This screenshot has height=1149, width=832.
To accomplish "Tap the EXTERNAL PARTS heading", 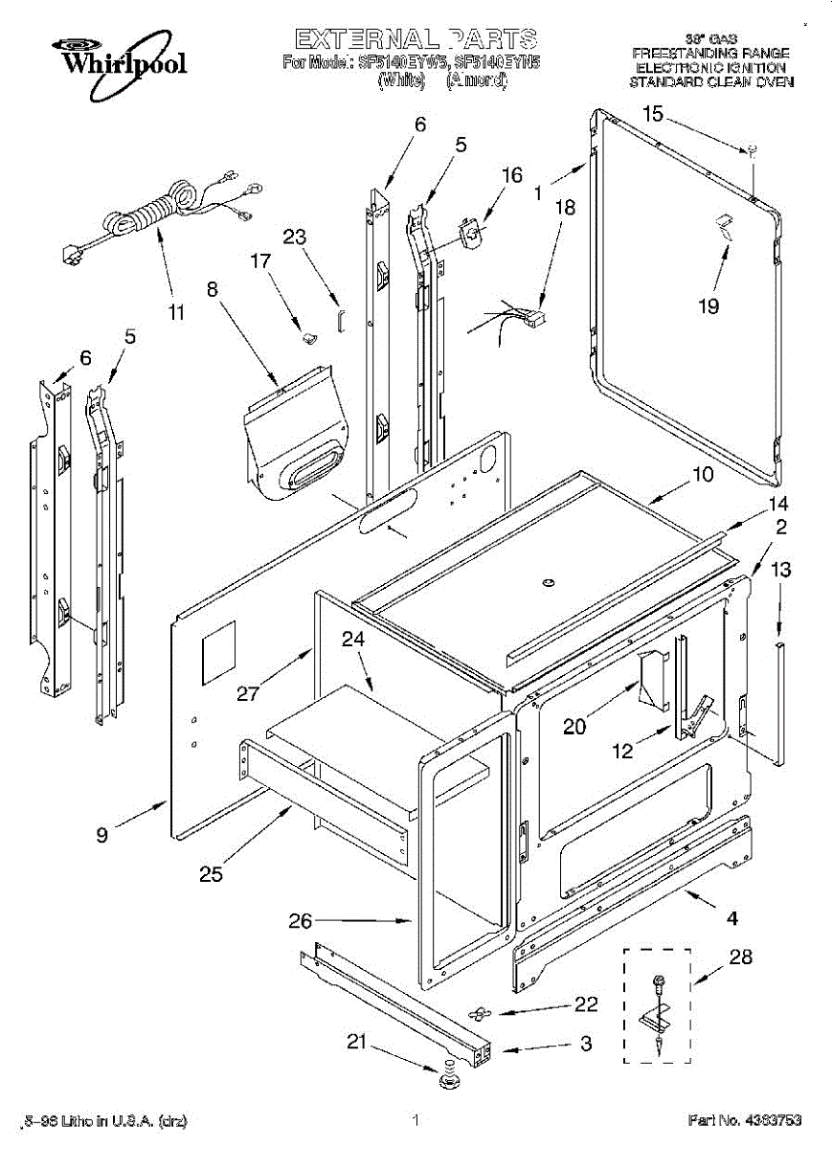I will (x=416, y=39).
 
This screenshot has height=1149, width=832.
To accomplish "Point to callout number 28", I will (x=740, y=956).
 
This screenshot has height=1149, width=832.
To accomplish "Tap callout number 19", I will (x=708, y=306).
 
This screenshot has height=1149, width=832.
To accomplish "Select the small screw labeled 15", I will (x=753, y=149).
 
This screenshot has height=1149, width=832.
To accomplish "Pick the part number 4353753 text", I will (x=744, y=1119).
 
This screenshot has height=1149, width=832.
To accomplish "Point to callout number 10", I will (x=702, y=474).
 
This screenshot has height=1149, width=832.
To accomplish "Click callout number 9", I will (x=101, y=834).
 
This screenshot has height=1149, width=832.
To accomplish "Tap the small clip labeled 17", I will (x=308, y=335).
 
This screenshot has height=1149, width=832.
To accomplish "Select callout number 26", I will (x=301, y=921).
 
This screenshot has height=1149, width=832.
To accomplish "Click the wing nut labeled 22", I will (x=480, y=1012).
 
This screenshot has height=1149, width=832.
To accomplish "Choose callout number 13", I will (x=780, y=570).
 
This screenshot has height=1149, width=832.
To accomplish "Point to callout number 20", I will (x=573, y=726).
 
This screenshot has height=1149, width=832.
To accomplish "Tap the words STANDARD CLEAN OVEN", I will (x=710, y=82).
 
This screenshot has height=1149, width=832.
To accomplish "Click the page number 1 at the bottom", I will (x=416, y=1119).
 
